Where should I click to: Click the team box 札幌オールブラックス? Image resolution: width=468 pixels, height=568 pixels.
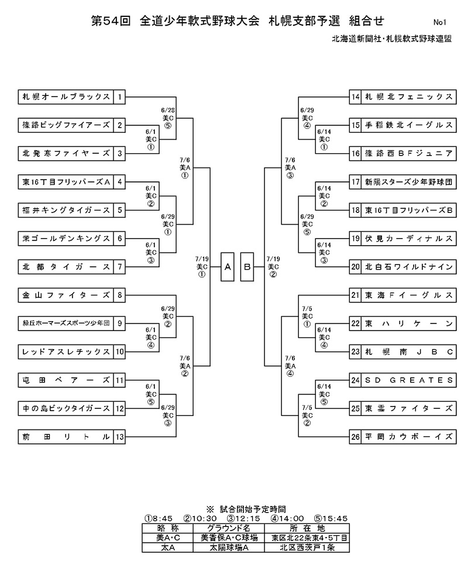coord(66,97)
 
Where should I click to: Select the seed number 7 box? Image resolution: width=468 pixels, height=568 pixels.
coord(120,267)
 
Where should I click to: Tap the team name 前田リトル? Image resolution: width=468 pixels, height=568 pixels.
coord(66,436)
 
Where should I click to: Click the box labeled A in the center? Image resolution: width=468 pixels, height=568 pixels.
coord(228,267)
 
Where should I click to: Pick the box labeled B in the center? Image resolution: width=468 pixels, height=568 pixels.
coord(247,267)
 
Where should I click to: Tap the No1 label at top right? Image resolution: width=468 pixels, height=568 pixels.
coord(440,23)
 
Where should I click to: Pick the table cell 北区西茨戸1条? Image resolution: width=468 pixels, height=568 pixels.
coord(307,548)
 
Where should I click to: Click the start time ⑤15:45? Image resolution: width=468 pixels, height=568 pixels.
coord(331,518)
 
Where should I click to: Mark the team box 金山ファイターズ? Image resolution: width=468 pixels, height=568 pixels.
coord(66,295)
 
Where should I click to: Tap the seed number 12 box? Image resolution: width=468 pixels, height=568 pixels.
coord(120,408)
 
